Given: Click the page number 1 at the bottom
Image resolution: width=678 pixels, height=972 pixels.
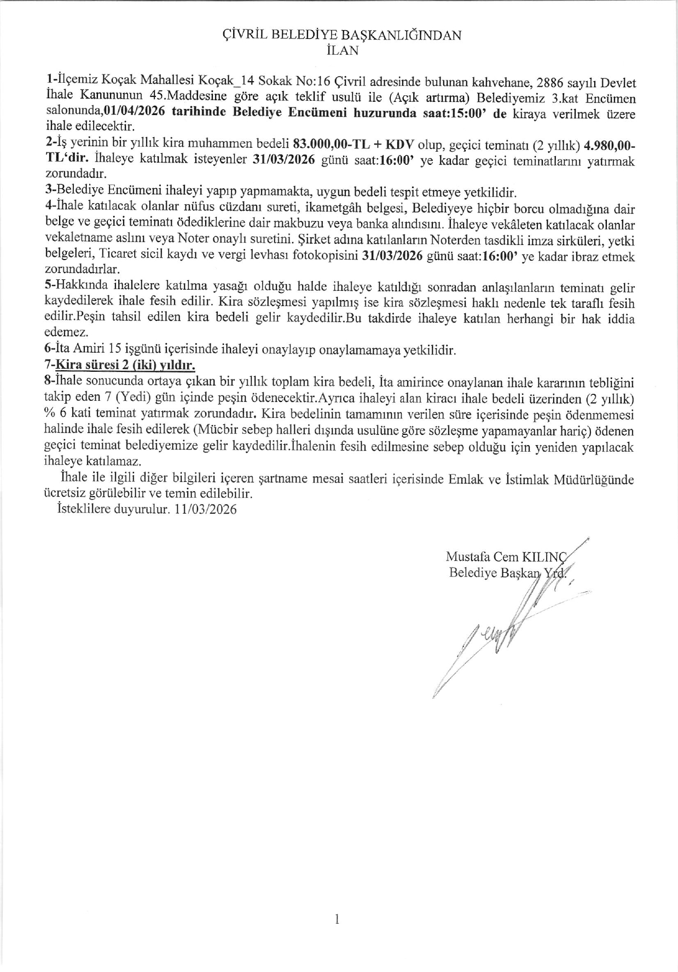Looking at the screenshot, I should point(338,919).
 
